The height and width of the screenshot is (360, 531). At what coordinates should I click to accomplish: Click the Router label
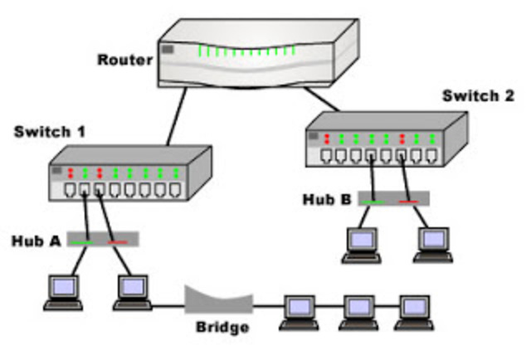tap(124, 60)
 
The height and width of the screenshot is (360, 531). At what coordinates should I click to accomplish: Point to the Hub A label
tap(37, 241)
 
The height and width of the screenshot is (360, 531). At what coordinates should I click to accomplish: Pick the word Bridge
tap(222, 327)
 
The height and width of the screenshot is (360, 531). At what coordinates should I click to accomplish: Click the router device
tap(258, 57)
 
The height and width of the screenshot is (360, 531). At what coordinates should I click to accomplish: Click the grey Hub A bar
tap(103, 239)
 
